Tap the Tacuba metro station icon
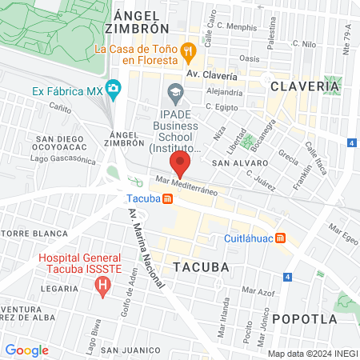166,199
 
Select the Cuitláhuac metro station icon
281,238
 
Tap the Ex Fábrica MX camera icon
114,86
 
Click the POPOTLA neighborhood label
304,318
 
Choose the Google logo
26,350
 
